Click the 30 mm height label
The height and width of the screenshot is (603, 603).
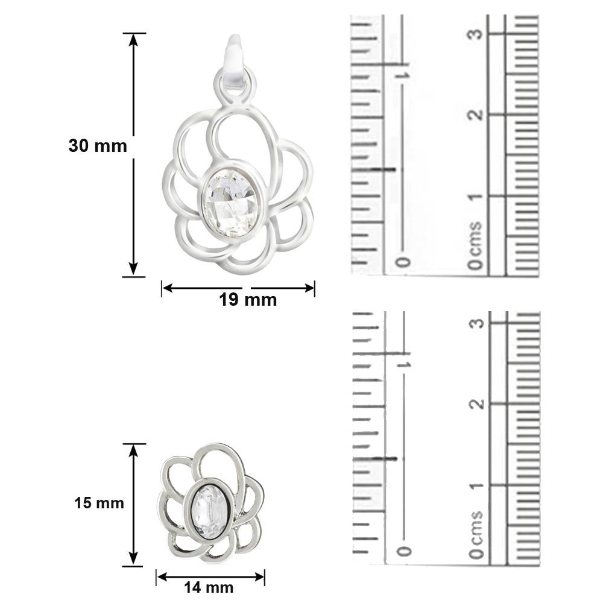click(x=98, y=146)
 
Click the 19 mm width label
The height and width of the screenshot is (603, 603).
click(x=248, y=300)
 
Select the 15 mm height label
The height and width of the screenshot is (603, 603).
click(x=99, y=503)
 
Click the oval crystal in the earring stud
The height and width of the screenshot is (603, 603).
click(x=209, y=512)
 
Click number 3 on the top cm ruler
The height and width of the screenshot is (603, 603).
click(x=477, y=34)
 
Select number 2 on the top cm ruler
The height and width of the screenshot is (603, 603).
click(x=477, y=115)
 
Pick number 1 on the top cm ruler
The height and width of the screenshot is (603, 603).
click(x=477, y=196)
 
